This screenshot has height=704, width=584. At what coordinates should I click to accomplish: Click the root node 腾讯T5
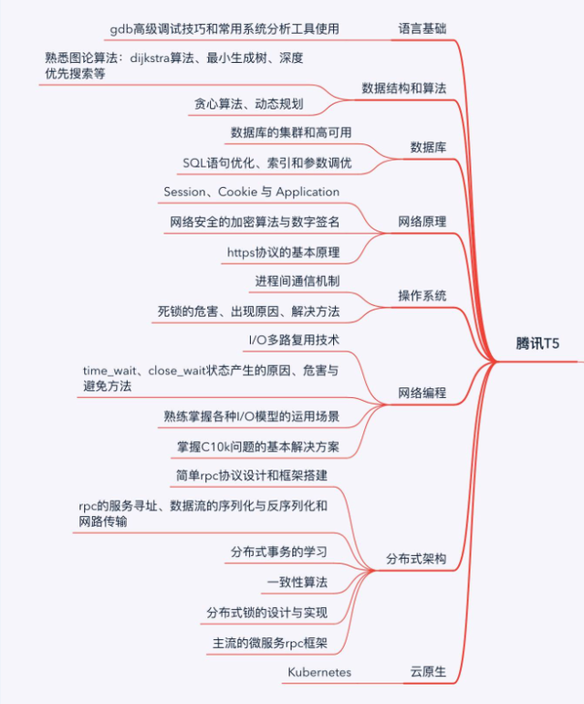[537, 344]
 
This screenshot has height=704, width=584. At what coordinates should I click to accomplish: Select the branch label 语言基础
[422, 29]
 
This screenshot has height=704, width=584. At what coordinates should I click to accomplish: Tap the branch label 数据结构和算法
[403, 89]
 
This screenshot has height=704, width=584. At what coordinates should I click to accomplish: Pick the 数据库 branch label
[428, 147]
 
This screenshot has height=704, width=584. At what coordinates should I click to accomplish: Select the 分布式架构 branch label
[416, 559]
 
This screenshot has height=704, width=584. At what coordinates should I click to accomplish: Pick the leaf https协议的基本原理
[283, 251]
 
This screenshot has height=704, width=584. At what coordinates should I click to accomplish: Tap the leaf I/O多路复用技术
[294, 341]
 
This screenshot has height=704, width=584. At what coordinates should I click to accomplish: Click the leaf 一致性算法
[297, 582]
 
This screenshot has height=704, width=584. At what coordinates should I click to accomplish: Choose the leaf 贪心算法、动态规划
[248, 104]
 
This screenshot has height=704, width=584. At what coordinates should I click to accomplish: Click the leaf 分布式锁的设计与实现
[266, 612]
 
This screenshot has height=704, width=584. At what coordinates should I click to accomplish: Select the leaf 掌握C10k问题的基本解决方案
[258, 447]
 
